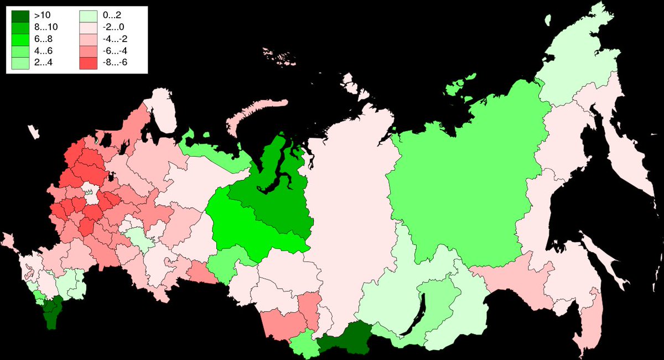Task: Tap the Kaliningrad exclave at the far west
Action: point(34,133)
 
